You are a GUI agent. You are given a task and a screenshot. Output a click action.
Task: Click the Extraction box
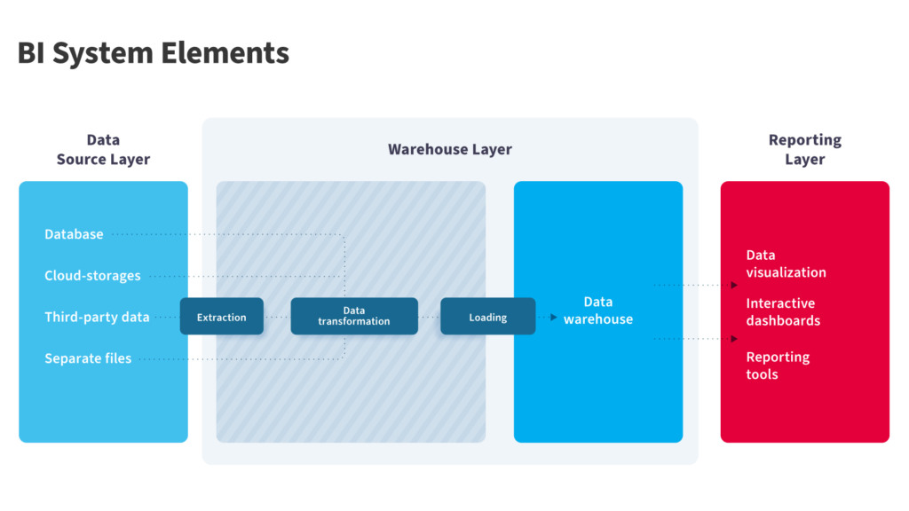221,317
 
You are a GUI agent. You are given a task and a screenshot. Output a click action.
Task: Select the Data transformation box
354,317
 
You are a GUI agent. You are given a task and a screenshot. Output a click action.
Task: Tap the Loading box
488,317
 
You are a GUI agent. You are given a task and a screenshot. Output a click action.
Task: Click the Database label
75,234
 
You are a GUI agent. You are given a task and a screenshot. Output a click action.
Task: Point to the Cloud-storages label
92,276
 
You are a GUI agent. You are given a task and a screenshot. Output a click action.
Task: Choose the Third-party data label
97,317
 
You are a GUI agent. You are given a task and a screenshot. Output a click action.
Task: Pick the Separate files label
88,358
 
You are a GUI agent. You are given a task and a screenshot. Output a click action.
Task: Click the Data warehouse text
598,311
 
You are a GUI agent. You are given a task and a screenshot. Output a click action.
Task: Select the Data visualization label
786,263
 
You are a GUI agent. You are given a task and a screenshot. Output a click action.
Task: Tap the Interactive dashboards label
783,311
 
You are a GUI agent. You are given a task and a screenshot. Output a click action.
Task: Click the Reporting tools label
778,366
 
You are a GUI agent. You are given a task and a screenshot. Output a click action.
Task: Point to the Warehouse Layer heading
450,149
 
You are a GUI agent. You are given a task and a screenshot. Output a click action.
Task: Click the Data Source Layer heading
103,149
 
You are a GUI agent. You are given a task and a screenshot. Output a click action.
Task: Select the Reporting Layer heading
804,149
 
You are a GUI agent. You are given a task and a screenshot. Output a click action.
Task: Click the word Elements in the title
225,52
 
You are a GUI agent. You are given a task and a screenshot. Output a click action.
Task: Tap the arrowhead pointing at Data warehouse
554,318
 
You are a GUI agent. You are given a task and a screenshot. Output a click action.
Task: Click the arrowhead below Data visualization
734,285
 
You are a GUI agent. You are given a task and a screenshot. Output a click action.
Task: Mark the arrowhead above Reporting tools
734,339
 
